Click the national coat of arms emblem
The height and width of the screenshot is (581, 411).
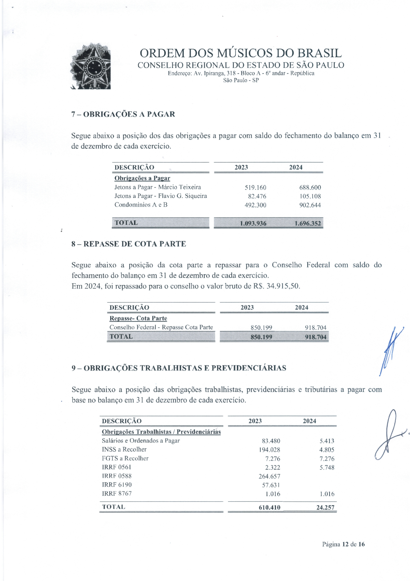[91, 66]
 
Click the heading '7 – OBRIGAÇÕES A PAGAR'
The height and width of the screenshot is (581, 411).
[123, 114]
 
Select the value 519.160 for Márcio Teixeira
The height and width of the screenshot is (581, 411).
[255, 188]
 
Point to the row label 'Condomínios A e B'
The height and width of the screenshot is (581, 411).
[141, 205]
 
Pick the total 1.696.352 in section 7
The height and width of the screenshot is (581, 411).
[308, 223]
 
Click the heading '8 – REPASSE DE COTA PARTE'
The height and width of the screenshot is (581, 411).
[129, 244]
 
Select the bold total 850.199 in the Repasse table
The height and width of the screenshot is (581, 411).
[261, 337]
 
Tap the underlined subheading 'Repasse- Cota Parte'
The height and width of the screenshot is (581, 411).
[138, 318]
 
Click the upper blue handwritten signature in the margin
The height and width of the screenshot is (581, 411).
[391, 350]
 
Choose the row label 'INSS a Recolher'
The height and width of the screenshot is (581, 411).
[124, 449]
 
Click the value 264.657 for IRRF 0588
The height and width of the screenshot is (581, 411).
[269, 476]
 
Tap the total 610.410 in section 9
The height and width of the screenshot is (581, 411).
[269, 508]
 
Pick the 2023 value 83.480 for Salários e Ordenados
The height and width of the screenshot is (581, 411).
[271, 441]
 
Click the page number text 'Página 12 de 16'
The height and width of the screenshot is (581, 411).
[343, 544]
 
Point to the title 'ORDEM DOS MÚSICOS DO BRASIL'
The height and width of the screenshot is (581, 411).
[241, 53]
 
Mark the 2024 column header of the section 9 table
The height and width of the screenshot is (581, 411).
[309, 421]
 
